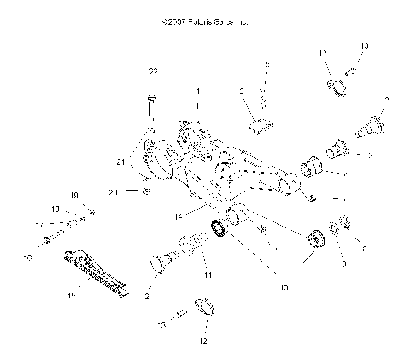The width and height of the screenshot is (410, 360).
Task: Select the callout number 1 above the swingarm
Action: (198, 90)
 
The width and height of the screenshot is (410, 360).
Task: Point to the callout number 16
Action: (29, 257)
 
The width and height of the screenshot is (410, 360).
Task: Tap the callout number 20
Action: (113, 192)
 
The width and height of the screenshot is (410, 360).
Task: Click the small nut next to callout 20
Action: (146, 192)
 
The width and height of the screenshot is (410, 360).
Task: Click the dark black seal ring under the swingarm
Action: (220, 228)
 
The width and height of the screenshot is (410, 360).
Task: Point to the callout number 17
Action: (38, 224)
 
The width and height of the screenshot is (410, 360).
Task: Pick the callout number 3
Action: (370, 156)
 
